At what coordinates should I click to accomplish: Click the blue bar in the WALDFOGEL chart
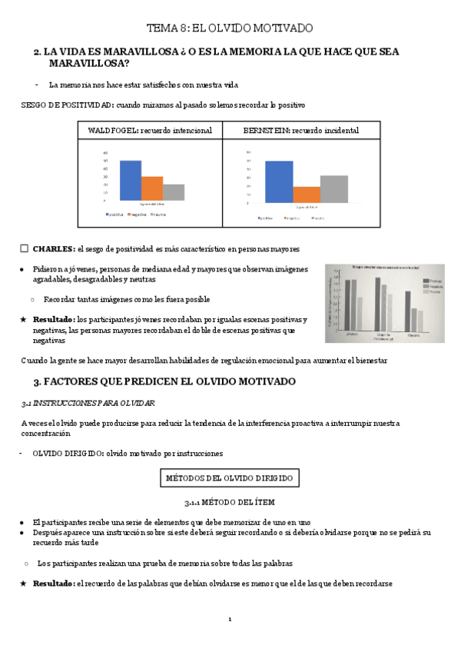pos(131,181)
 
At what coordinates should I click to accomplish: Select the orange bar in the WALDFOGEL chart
pos(152,188)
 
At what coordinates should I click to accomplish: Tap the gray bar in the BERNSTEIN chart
pos(333,188)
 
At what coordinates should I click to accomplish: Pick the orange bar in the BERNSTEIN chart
pos(307,195)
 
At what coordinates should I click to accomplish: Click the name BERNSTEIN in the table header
pos(264,131)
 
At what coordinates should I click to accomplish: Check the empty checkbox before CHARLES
pos(25,248)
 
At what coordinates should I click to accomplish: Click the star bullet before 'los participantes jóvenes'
pos(24,319)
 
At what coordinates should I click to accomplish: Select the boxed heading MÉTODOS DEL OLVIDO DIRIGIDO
pos(230,478)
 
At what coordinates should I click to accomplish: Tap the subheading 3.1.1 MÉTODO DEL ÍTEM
pos(229,503)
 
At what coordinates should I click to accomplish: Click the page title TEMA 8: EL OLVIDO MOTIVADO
pos(230,28)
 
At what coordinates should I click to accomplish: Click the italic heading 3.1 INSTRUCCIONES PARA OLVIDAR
pos(88,403)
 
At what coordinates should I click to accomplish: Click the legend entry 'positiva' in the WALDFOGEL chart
pos(115,215)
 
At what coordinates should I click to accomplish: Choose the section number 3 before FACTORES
pos(37,381)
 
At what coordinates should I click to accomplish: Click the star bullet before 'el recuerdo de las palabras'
pos(24,584)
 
